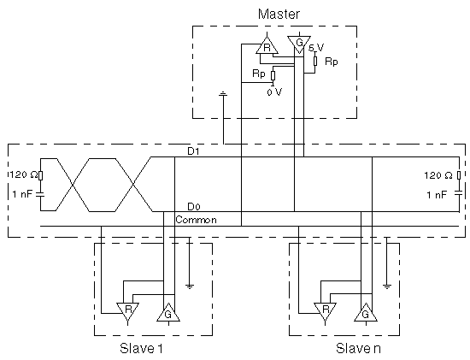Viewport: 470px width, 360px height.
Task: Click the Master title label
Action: pos(279,14)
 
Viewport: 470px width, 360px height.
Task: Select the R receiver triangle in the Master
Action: pos(267,45)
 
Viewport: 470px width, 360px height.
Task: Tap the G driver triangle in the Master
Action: pos(299,44)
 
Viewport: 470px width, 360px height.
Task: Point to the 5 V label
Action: pos(316,48)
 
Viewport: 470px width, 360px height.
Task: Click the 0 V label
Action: pos(274,92)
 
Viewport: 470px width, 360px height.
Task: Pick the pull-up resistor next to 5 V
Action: pos(315,61)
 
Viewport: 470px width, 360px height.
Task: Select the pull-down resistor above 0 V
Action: pos(273,75)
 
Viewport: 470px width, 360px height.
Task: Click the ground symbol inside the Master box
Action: pos(223,94)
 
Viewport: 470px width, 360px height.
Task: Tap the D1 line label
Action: pos(193,151)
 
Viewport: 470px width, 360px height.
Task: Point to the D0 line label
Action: pos(194,207)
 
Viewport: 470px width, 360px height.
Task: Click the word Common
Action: pos(196,220)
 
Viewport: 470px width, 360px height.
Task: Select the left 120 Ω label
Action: pos(23,174)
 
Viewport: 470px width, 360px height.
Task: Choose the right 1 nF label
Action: pos(437,195)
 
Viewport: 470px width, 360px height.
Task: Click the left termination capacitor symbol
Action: pos(40,195)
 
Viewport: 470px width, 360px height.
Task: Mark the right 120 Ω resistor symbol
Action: pos(459,175)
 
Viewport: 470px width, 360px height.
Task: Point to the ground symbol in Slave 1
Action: pos(190,286)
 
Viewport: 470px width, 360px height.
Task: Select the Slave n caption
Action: pos(358,349)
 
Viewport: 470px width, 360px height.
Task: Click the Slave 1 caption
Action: pos(141,349)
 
